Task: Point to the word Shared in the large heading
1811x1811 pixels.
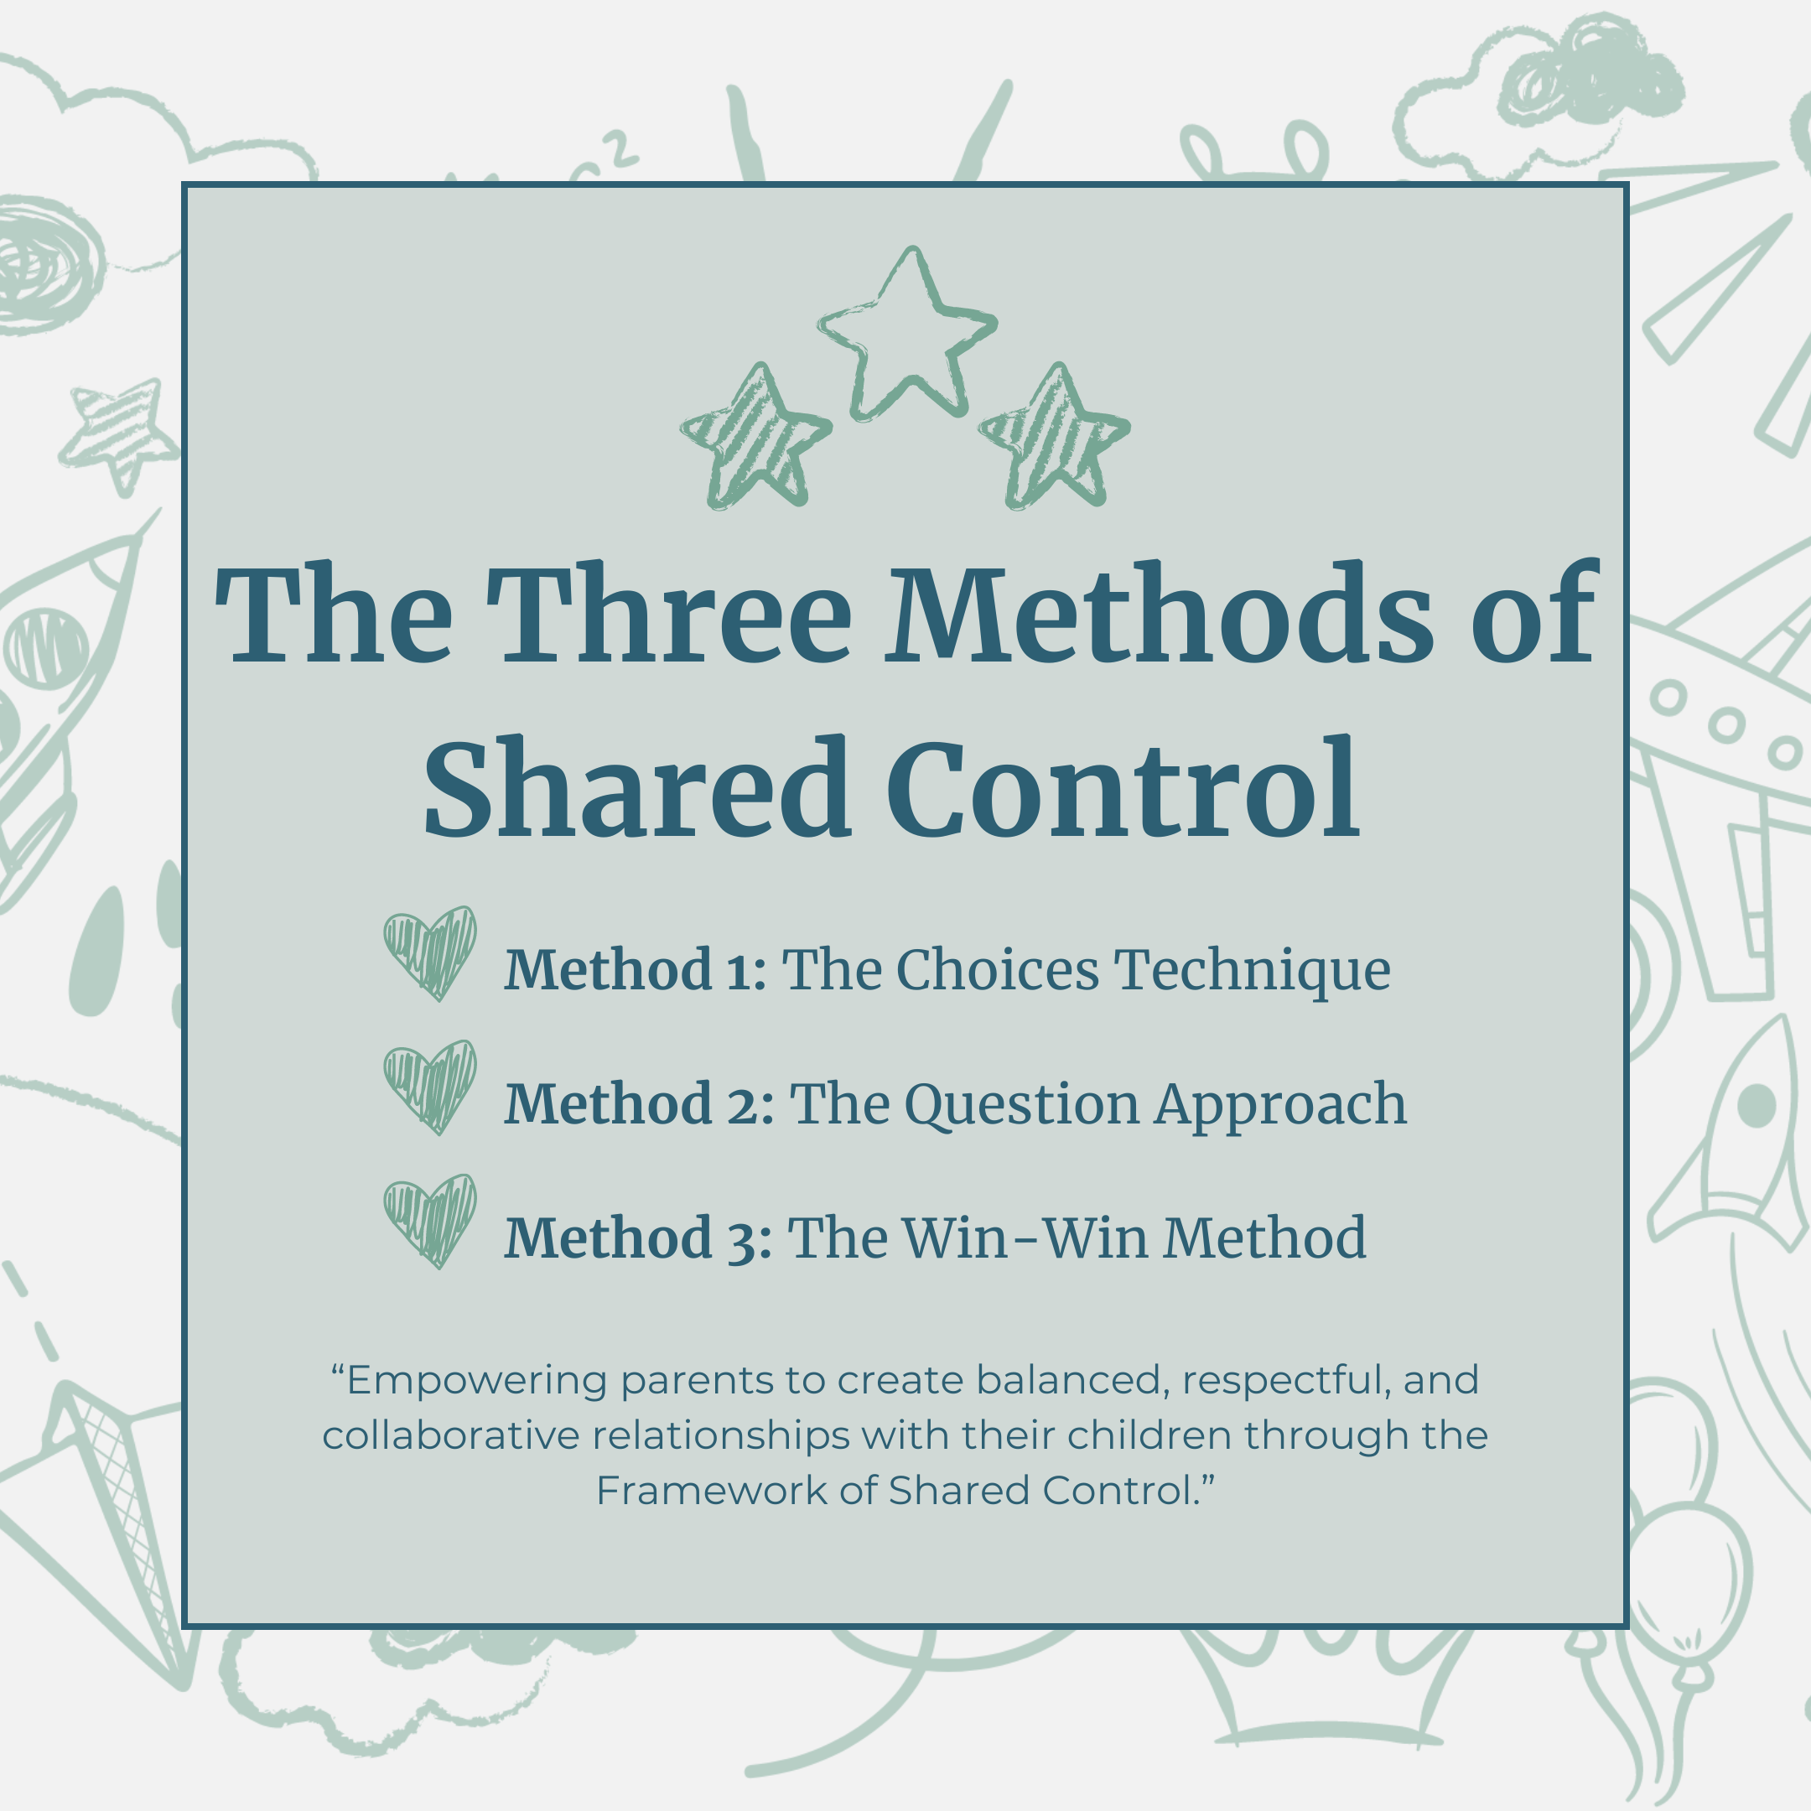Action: (637, 787)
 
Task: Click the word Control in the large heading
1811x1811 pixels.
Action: (1123, 787)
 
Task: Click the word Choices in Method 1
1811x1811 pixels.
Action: (998, 969)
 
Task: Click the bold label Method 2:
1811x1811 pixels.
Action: (639, 1103)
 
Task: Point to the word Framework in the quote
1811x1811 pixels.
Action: (713, 1491)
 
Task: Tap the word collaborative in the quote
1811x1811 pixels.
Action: (451, 1435)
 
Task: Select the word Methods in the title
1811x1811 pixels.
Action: (1160, 614)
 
